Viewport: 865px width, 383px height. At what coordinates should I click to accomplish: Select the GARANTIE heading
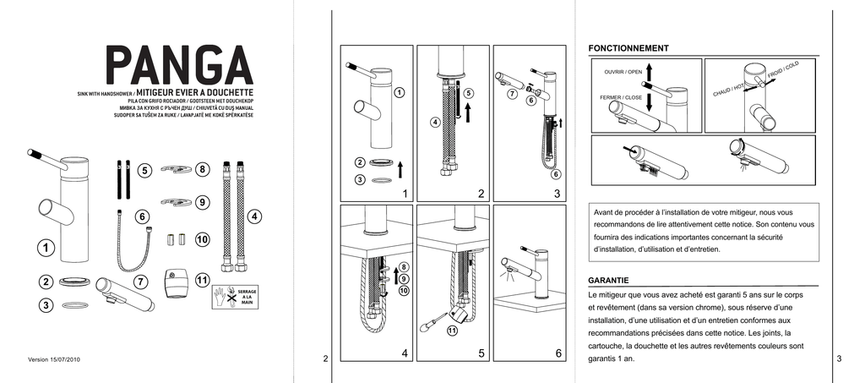[x=615, y=280]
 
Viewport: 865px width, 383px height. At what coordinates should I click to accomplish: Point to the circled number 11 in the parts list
[x=203, y=280]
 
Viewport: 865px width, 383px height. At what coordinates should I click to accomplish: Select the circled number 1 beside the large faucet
[x=44, y=248]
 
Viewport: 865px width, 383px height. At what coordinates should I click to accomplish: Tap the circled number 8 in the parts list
[x=203, y=169]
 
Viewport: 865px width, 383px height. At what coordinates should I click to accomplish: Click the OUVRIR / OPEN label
[x=623, y=72]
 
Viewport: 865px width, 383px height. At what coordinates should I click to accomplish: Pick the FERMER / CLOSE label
[x=621, y=97]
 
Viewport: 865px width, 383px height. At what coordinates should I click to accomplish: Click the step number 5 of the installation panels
[x=481, y=353]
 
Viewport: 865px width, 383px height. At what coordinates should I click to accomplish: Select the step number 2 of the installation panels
[x=481, y=194]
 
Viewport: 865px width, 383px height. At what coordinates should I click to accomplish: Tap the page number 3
[x=839, y=359]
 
